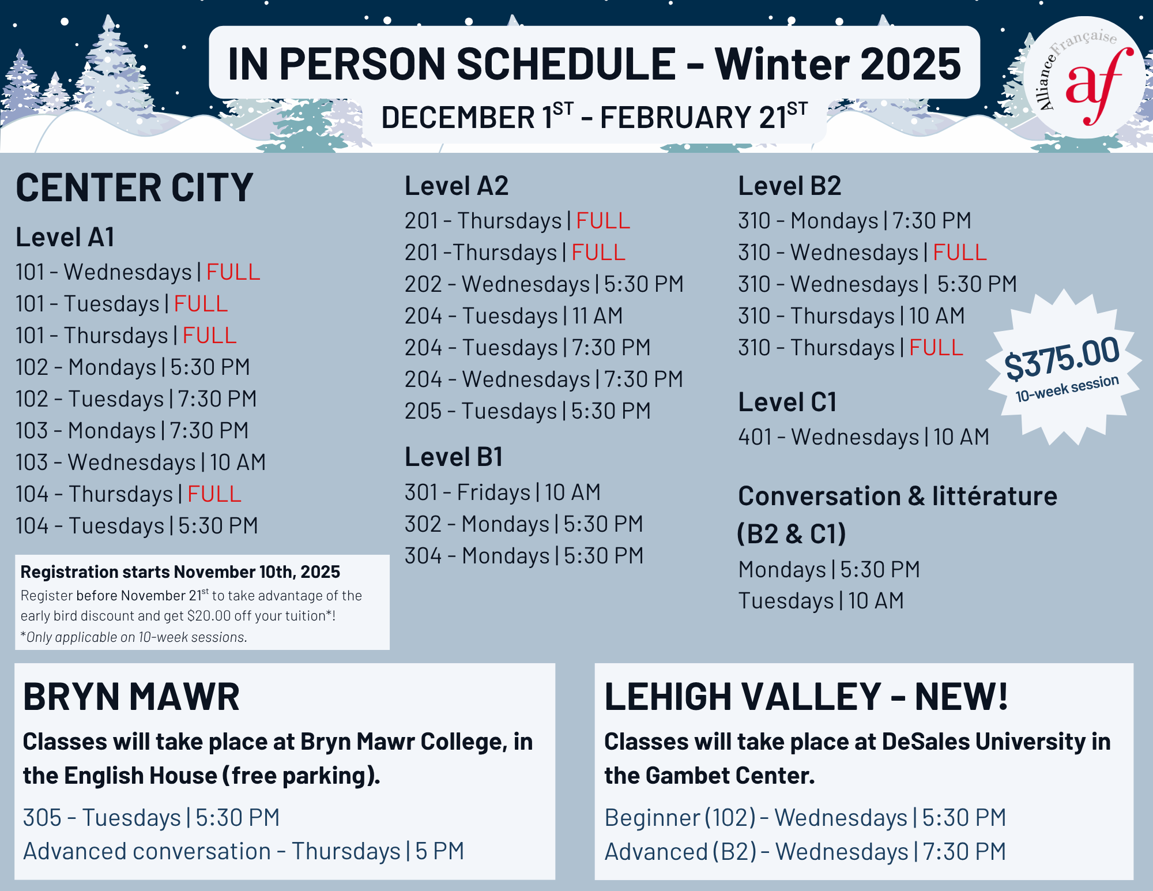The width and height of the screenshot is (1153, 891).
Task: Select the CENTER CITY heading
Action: click(x=134, y=187)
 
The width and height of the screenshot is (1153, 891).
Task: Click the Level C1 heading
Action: click(x=787, y=402)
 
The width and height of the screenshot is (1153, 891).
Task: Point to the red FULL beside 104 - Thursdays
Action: click(x=214, y=494)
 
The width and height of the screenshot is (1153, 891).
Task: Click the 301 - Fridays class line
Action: click(x=503, y=493)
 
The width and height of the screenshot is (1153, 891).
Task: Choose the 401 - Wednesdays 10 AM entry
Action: click(x=864, y=437)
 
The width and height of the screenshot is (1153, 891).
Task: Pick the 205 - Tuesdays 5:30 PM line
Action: click(x=527, y=411)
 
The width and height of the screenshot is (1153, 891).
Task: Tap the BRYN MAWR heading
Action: click(x=131, y=697)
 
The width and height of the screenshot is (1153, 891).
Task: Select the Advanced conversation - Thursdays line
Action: click(x=243, y=851)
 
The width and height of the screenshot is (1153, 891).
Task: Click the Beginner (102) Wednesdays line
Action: click(x=805, y=818)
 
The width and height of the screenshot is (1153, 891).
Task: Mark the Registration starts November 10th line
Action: click(x=180, y=572)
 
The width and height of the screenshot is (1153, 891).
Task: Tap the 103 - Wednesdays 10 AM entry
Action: click(x=141, y=463)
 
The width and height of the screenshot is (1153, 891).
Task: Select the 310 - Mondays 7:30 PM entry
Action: click(x=854, y=221)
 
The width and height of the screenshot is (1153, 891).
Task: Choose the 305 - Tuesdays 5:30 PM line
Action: click(x=151, y=818)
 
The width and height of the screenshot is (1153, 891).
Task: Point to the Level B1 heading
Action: click(x=454, y=457)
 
